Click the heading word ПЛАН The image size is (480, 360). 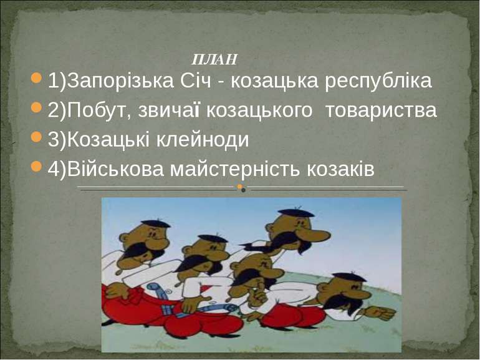[214, 59]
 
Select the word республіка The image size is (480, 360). [378, 82]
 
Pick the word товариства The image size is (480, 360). [381, 110]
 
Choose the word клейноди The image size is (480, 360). [203, 140]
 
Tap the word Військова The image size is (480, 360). [115, 168]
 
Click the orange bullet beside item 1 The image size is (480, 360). [36, 78]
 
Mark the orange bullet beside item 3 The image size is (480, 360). [36, 137]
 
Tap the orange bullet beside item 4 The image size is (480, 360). [36, 167]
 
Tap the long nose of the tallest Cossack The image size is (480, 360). [315, 235]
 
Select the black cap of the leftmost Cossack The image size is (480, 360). [155, 224]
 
